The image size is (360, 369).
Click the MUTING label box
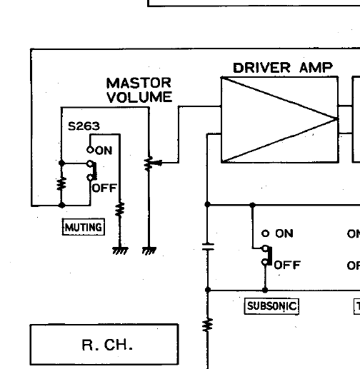[x=84, y=227]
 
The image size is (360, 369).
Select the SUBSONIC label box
[x=271, y=306]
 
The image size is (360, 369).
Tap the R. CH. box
[x=104, y=344]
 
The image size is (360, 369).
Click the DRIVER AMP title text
[x=283, y=68]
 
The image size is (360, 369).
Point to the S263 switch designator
[x=84, y=126]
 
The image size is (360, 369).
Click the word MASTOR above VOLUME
[x=139, y=83]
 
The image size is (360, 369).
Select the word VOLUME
[x=139, y=97]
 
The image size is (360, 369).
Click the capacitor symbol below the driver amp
[x=208, y=247]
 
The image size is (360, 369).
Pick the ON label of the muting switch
[x=104, y=151]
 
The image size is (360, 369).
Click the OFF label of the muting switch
[x=104, y=188]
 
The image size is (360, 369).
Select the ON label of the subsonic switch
[x=284, y=233]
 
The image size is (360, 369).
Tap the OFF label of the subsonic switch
[x=287, y=265]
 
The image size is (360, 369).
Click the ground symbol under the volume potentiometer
[x=149, y=251]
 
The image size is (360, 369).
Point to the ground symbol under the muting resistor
[x=120, y=251]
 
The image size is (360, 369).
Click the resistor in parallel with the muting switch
[x=61, y=184]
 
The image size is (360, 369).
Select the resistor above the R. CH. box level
[x=208, y=325]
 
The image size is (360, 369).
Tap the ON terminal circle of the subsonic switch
[x=265, y=233]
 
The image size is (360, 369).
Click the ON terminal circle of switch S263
[x=90, y=150]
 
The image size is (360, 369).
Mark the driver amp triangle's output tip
[x=337, y=118]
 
